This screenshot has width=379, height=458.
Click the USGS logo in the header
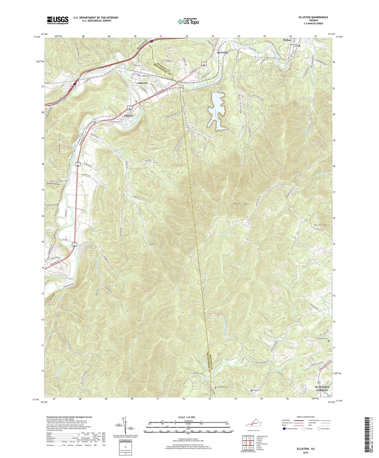pyautogui.click(x=57, y=20)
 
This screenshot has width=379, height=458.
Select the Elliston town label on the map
pyautogui.click(x=128, y=115)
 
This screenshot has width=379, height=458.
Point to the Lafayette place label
pyautogui.click(x=142, y=83)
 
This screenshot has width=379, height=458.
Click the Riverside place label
pyautogui.click(x=222, y=52)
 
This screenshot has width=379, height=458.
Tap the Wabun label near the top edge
pyautogui.click(x=287, y=40)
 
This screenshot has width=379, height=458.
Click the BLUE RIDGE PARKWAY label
pyautogui.click(x=321, y=388)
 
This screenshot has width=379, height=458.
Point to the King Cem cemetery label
pyautogui.click(x=256, y=390)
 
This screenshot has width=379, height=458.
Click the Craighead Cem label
pyautogui.click(x=222, y=387)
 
